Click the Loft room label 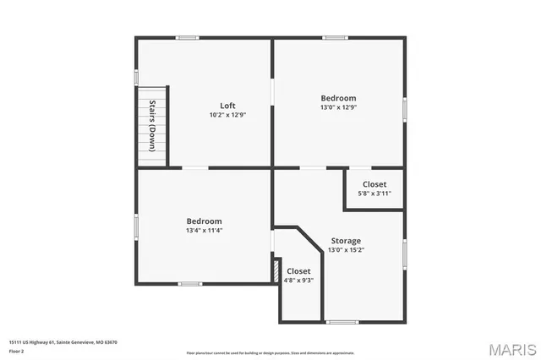[x=227, y=106]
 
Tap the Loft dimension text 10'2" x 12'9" [x=227, y=115]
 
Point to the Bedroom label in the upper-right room [x=338, y=98]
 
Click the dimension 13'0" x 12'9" [x=338, y=107]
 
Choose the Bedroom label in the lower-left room [x=205, y=221]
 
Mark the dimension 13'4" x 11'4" [x=205, y=230]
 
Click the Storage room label [x=346, y=241]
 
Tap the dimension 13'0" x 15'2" [x=346, y=249]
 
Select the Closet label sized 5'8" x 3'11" [x=374, y=184]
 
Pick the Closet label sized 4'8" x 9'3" [x=298, y=271]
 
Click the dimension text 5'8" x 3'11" [x=374, y=194]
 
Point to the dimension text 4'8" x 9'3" [x=298, y=281]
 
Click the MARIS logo [x=511, y=349]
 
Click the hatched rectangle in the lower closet [x=276, y=270]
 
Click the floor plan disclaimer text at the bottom [x=270, y=352]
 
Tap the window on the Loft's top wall [x=187, y=37]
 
